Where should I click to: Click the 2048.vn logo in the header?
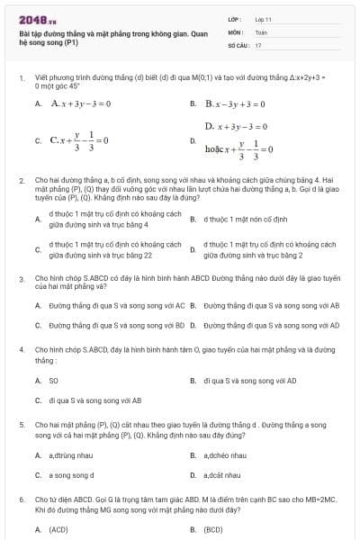coord(37,18)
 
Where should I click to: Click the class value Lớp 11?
coord(263,18)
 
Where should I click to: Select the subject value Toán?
coord(261,31)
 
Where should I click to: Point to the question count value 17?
coord(258,43)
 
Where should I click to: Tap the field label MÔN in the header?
coord(232,31)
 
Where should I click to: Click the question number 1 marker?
coord(21,78)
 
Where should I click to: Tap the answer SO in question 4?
coord(53,381)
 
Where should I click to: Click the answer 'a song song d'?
coord(71,474)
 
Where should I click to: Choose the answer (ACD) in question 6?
coord(58,530)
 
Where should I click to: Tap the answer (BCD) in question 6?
coord(212,530)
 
